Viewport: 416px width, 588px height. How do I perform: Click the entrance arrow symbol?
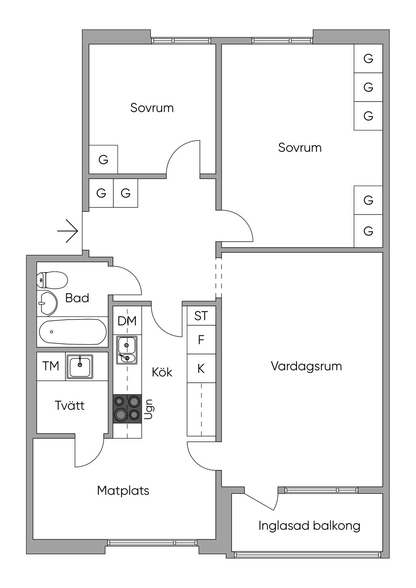[68, 231]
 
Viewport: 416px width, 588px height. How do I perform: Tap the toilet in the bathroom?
[52, 280]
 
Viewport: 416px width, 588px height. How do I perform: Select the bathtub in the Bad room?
[73, 331]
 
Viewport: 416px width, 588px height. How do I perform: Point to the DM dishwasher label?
[127, 321]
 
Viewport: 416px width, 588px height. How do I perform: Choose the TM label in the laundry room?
[51, 366]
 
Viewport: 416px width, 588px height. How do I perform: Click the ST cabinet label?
[201, 316]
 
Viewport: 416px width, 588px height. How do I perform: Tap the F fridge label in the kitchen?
[201, 340]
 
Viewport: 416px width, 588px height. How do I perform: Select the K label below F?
[201, 369]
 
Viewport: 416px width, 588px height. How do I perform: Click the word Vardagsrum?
[306, 366]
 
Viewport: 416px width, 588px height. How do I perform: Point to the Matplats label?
[123, 491]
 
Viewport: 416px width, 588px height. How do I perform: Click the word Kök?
[162, 372]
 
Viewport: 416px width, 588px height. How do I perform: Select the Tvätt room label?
[69, 405]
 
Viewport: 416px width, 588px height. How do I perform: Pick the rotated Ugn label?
[149, 409]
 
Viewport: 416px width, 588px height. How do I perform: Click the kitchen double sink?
[127, 350]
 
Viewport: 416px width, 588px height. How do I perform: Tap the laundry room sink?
[80, 367]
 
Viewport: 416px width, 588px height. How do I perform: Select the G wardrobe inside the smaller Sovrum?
[103, 159]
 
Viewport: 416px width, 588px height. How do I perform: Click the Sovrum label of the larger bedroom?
[300, 147]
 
